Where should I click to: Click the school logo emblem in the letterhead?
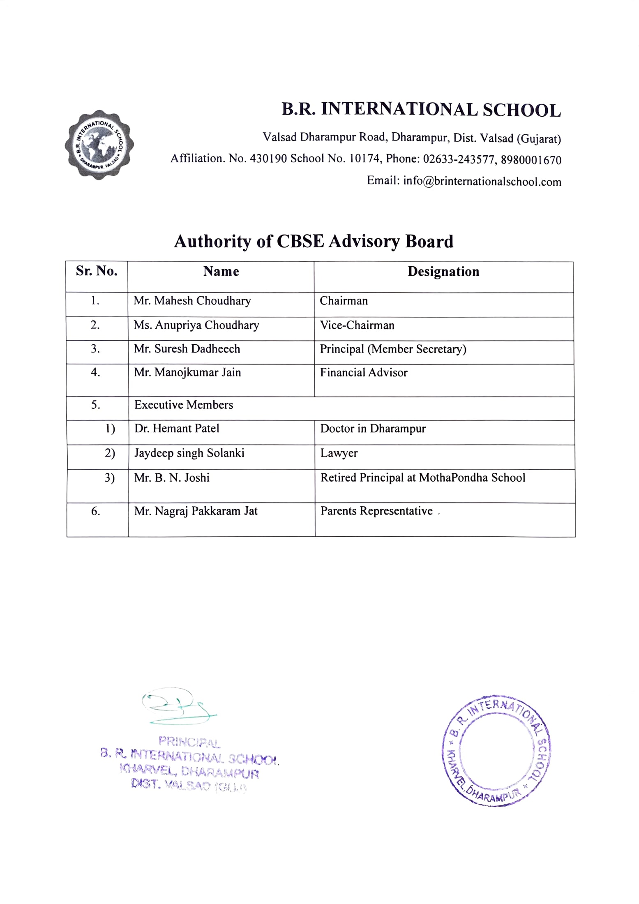99,144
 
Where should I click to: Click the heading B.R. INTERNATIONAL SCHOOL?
421,110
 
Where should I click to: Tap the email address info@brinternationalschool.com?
482,181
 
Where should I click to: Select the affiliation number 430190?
268,159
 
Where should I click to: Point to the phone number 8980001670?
531,160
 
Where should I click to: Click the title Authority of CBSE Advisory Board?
314,241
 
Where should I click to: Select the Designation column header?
443,272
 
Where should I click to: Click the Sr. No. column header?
97,271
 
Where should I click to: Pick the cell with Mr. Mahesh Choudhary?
192,301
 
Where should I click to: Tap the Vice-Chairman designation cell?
357,325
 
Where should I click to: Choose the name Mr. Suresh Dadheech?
187,349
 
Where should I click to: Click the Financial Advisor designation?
364,373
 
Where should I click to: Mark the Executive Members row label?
184,405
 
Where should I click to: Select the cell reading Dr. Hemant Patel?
177,429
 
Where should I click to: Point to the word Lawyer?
339,453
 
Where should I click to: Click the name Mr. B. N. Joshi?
172,478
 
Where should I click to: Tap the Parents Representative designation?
376,511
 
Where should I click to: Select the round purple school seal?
496,751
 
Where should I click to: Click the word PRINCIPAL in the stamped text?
189,742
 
